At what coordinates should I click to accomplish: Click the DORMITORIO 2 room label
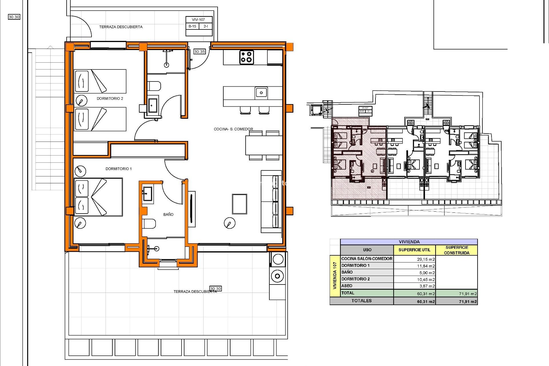click(x=110, y=98)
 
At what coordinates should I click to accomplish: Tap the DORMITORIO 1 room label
click(x=118, y=169)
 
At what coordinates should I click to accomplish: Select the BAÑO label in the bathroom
click(x=168, y=214)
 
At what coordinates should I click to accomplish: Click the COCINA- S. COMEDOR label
click(x=233, y=129)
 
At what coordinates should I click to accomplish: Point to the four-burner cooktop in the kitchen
click(x=246, y=57)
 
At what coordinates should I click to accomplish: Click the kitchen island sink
click(x=261, y=93)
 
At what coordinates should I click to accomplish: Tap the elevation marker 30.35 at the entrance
click(x=199, y=51)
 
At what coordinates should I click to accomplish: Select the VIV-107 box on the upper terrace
click(x=198, y=20)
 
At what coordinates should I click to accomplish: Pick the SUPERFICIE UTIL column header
click(x=414, y=250)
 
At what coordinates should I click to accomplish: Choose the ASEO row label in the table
click(x=347, y=286)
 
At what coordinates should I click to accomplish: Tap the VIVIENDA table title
click(x=409, y=242)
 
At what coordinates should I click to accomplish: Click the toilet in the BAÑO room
click(x=149, y=224)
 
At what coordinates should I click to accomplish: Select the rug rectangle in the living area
click(x=239, y=204)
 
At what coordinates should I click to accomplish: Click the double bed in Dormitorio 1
click(x=98, y=197)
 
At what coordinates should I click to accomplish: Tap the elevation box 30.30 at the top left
click(x=14, y=17)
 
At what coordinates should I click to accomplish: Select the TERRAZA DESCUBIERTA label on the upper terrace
click(x=121, y=27)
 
